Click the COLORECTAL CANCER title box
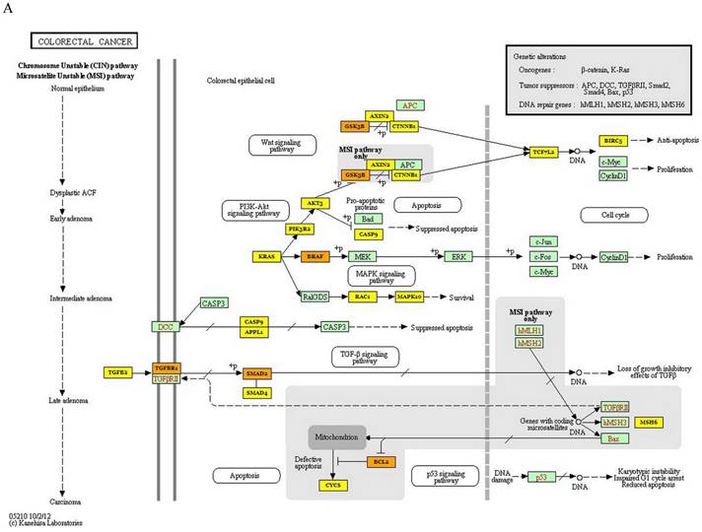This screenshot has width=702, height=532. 84,41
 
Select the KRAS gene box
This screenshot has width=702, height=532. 266,256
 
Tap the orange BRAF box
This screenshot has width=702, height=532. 316,256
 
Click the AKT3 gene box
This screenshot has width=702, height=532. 315,203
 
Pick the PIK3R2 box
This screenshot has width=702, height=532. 300,229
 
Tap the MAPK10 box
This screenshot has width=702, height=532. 408,296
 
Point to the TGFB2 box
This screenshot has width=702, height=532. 119,372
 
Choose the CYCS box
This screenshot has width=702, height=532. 332,485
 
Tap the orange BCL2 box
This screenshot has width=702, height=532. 380,460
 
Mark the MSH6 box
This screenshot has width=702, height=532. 648,422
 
